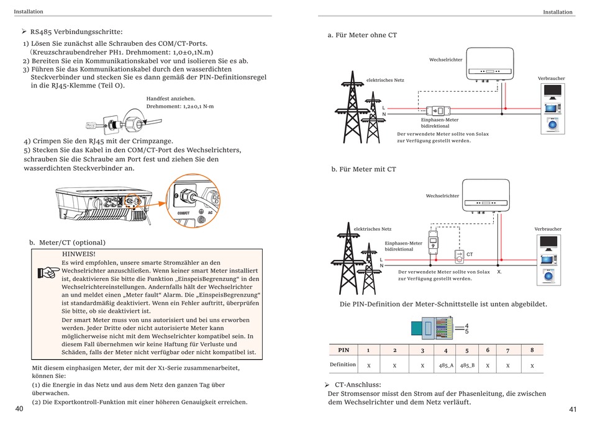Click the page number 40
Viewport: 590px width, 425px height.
(20, 409)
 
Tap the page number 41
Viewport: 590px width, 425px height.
(573, 409)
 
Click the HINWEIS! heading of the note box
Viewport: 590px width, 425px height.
(79, 254)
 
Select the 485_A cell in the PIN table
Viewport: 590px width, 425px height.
(446, 366)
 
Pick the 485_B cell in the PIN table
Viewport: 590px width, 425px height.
(467, 366)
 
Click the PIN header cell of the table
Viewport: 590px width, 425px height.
(343, 350)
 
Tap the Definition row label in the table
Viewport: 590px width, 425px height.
(343, 365)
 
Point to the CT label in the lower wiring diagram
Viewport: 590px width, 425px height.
(470, 254)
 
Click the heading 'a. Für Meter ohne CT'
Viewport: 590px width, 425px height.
(362, 35)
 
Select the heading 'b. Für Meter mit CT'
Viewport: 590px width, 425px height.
(363, 169)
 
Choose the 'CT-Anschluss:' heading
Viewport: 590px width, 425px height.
(358, 385)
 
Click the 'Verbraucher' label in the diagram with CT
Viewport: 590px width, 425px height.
(548, 229)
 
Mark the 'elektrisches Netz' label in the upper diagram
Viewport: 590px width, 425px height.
(385, 80)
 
